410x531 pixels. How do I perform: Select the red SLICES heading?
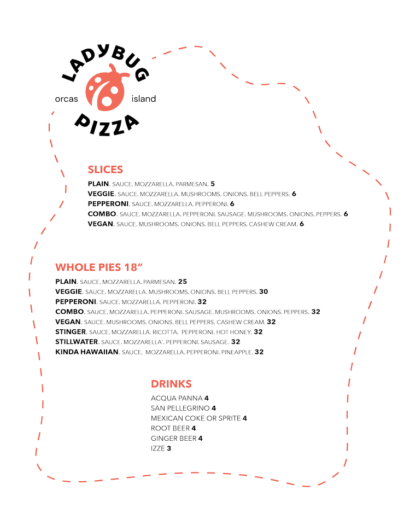pyautogui.click(x=105, y=170)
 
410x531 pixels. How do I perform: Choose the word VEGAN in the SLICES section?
pyautogui.click(x=101, y=224)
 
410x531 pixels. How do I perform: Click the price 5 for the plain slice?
pyautogui.click(x=213, y=184)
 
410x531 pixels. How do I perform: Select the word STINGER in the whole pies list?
pyautogui.click(x=71, y=331)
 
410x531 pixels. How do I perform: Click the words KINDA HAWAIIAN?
pyautogui.click(x=86, y=352)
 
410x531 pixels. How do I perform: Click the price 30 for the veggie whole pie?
pyautogui.click(x=263, y=291)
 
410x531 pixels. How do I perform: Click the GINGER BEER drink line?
pyautogui.click(x=176, y=438)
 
